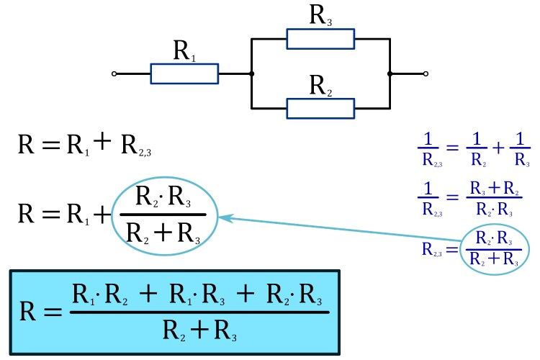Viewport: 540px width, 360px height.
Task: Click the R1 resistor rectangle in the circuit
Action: click(x=184, y=73)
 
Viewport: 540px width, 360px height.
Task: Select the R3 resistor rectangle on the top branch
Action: click(x=320, y=39)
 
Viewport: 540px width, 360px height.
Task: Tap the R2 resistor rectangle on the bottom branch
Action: click(x=320, y=108)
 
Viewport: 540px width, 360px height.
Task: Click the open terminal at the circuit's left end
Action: click(x=114, y=73)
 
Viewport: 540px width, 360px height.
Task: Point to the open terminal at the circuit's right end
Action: click(x=426, y=73)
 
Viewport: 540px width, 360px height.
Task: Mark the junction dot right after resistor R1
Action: click(x=251, y=73)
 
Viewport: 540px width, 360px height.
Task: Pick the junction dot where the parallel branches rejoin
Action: click(x=390, y=73)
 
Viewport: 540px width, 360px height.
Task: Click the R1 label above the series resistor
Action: click(x=184, y=52)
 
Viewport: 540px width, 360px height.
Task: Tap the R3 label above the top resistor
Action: click(x=321, y=16)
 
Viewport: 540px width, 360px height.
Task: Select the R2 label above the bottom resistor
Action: click(x=321, y=86)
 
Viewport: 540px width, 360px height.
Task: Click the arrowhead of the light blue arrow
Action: click(x=224, y=216)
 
